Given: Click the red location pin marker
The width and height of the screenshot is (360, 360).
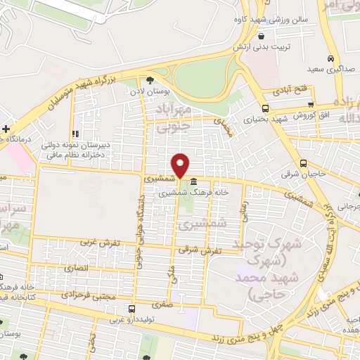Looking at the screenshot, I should point(181,165).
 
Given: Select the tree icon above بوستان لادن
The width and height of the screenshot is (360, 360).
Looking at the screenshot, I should point(149,80).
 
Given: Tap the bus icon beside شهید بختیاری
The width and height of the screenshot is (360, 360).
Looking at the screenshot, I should point(264,108).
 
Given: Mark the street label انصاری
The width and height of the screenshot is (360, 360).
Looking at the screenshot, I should point(76,268).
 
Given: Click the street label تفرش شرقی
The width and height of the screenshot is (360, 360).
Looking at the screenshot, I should point(199,250).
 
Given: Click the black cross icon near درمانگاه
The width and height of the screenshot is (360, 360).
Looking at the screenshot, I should point(6,129).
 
